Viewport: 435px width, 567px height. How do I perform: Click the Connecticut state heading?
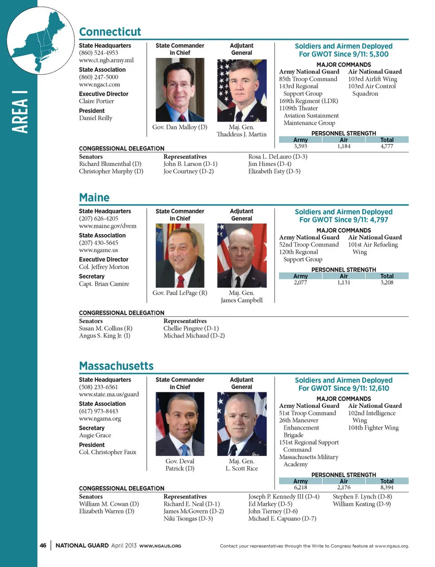tap(110, 32)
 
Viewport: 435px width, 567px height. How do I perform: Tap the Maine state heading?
tap(94, 198)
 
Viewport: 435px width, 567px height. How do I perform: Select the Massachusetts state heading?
tap(116, 366)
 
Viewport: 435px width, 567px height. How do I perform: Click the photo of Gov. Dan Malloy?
tap(180, 90)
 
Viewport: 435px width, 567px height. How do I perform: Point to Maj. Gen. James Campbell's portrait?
tap(242, 256)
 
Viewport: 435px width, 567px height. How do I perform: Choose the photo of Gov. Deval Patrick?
tap(180, 424)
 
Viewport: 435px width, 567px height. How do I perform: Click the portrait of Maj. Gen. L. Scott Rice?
tap(242, 424)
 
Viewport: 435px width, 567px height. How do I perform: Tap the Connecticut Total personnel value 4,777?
tap(387, 146)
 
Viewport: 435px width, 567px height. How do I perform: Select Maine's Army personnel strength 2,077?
tap(300, 282)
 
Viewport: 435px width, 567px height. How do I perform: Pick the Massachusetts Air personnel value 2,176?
tap(343, 488)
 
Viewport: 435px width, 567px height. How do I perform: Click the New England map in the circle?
tap(40, 40)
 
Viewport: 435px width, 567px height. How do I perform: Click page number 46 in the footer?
tap(43, 546)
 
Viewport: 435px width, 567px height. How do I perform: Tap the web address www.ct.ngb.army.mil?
tap(106, 60)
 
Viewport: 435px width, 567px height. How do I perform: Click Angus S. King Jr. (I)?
tap(105, 336)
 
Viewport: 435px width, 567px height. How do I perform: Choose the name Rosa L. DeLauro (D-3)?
tap(277, 157)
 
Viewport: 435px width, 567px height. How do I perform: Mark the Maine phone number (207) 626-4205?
tap(98, 218)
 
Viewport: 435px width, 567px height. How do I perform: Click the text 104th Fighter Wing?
tap(373, 428)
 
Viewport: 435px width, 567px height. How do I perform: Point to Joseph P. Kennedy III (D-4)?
tap(284, 497)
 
